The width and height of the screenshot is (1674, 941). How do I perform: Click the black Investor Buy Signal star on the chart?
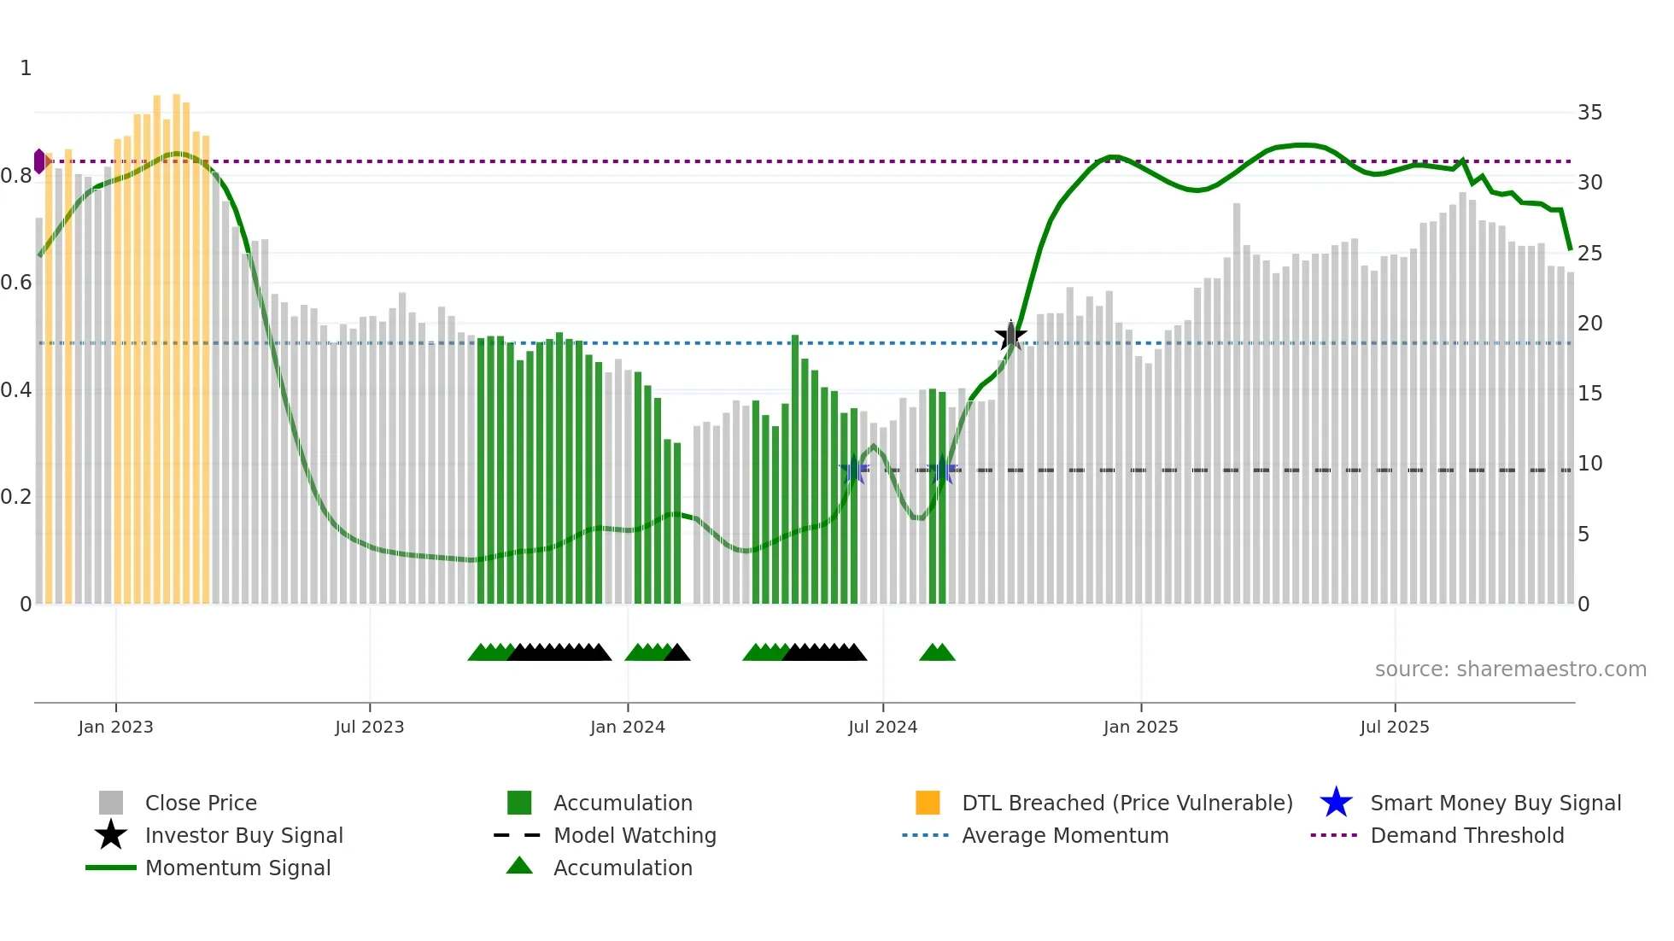coord(1010,336)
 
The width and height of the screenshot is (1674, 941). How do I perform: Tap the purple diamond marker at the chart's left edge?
coord(39,161)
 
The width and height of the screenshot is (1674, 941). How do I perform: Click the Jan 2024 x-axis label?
coord(627,727)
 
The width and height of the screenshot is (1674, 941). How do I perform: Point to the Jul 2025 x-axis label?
coord(1394,727)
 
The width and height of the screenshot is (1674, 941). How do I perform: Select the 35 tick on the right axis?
coord(1589,113)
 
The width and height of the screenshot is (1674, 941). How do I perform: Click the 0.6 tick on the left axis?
coord(16,283)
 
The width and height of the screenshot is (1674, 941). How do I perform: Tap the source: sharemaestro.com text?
coord(1510,669)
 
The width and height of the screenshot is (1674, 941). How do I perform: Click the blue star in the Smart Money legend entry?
coord(1336,803)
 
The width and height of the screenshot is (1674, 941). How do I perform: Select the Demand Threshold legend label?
coord(1466,835)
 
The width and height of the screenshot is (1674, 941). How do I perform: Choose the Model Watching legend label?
coord(635,835)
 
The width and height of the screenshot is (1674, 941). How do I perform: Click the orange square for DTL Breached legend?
coord(928,803)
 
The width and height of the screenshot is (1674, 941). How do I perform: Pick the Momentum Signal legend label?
coord(237,868)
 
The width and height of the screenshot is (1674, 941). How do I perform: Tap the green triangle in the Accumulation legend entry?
coord(519,866)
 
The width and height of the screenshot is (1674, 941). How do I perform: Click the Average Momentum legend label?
coord(1065,835)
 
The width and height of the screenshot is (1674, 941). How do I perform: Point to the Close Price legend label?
coord(201,803)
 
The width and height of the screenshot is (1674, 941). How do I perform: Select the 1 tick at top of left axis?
coord(26,68)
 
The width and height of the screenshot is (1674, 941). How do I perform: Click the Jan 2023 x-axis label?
coord(115,727)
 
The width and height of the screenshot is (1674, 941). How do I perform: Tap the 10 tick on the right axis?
coord(1589,464)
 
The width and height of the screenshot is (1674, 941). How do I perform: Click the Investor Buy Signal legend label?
coord(244,835)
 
